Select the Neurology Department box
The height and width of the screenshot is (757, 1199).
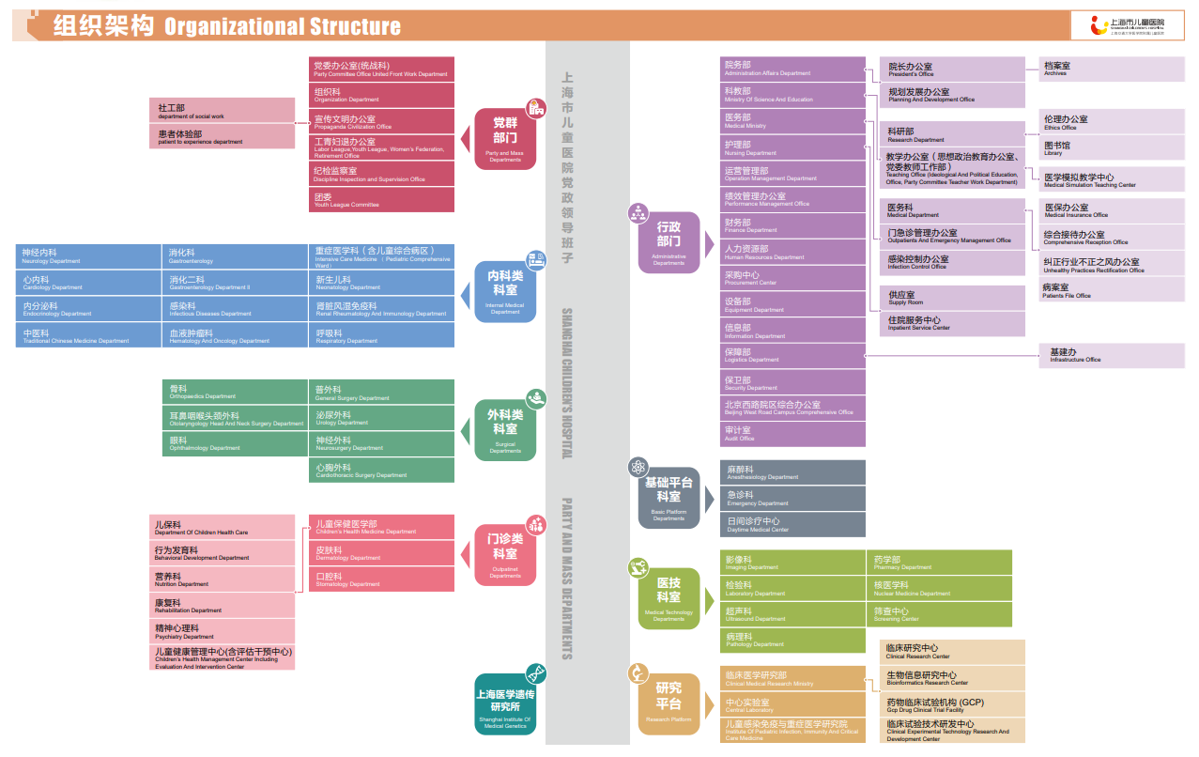[x=88, y=256]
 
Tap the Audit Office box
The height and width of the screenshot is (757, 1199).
[x=792, y=434]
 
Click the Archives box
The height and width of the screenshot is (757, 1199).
[x=1111, y=70]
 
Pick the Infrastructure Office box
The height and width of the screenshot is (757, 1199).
[x=1111, y=356]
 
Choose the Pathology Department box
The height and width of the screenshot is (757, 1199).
[x=792, y=641]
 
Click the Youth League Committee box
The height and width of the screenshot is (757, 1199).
[x=381, y=200]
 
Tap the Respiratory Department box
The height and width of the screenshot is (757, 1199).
[x=381, y=336]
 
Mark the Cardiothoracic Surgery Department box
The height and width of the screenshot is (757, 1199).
[x=381, y=471]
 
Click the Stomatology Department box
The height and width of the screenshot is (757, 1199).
[x=381, y=579]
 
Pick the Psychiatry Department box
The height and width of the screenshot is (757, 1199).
[x=223, y=631]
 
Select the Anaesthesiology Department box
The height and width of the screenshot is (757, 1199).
[x=792, y=472]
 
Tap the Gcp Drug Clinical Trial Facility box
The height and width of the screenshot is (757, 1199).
[x=952, y=705]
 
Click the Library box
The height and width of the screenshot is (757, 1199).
[x=1111, y=148]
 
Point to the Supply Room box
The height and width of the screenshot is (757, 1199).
[x=952, y=298]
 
